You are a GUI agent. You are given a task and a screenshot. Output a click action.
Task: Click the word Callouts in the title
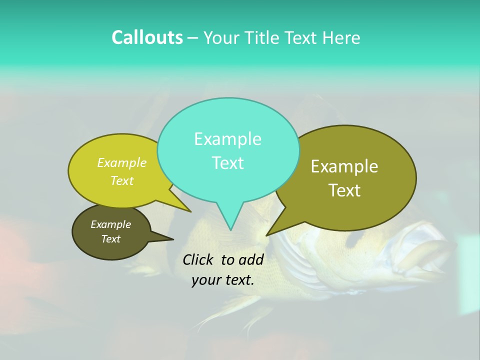click(x=147, y=37)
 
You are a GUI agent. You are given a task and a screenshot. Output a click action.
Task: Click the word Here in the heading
click(x=341, y=37)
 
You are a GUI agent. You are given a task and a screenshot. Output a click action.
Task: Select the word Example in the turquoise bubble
click(x=227, y=139)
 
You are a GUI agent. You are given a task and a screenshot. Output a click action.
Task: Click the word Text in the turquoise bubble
click(x=227, y=163)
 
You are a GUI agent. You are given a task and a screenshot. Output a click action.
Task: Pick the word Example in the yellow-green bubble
click(x=122, y=162)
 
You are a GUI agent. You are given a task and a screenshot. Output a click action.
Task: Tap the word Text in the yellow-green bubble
click(x=122, y=180)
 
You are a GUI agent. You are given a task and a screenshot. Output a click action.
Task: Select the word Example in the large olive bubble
click(x=344, y=166)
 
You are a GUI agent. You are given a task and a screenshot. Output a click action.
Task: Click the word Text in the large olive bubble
click(x=344, y=190)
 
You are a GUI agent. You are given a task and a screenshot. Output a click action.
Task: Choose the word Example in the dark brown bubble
click(x=110, y=224)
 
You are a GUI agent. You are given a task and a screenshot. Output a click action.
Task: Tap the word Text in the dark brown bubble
click(x=110, y=239)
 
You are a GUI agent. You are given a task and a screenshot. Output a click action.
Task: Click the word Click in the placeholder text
click(x=199, y=259)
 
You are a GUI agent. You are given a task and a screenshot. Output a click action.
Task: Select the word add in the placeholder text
click(x=251, y=259)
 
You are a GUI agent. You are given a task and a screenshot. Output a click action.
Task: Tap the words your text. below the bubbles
click(x=223, y=280)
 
